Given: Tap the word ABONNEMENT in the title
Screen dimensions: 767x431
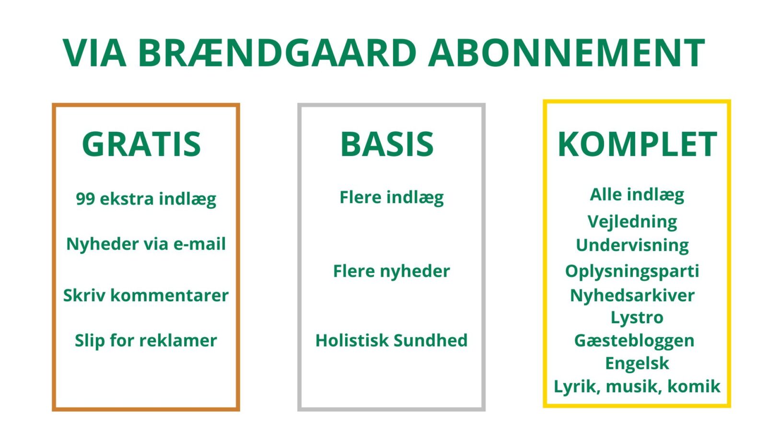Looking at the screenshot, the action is pos(566,53).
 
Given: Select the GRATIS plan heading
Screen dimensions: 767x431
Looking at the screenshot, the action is pos(141,144).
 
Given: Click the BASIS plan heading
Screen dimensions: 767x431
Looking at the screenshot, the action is pos(387,144).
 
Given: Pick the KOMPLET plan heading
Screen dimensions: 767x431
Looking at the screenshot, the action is pos(637,144).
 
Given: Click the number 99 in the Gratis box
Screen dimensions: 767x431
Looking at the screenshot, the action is pos(85,199).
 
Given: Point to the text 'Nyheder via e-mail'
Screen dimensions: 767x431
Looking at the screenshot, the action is pos(146,244).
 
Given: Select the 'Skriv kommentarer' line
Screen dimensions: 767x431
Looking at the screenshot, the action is pos(146,295).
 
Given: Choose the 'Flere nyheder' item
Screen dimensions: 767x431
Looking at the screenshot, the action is pos(391,271).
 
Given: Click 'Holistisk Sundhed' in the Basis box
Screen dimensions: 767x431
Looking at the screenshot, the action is pos(391,340).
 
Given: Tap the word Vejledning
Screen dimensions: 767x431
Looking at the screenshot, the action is pos(632,222).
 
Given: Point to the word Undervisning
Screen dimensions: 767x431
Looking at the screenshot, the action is pos(632,245).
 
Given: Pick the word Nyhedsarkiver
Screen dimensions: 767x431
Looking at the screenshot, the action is pos(632,295).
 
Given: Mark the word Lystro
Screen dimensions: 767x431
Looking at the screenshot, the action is pos(637,318).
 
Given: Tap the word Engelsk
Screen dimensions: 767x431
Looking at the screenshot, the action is pos(637,363).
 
